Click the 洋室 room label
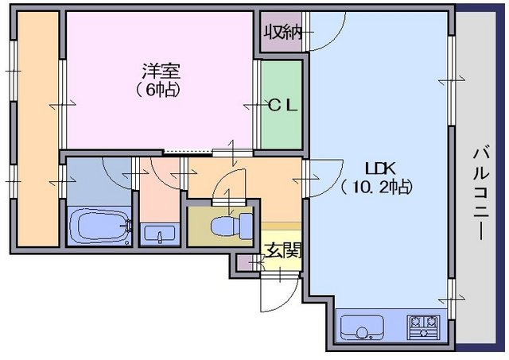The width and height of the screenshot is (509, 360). (x=161, y=72)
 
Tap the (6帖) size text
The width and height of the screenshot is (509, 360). (x=158, y=91)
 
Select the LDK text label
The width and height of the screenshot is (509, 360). (x=380, y=169)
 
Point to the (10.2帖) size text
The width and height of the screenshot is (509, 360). (x=376, y=187)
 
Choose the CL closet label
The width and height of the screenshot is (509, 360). (x=283, y=106)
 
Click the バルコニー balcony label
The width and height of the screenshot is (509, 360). (x=481, y=194)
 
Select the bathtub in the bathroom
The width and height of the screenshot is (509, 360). (x=99, y=226)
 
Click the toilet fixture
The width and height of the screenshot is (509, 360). (x=231, y=224)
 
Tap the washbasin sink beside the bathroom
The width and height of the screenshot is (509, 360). (x=160, y=234)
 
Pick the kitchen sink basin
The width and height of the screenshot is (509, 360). (x=362, y=327)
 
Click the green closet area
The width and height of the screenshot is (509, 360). (x=282, y=105)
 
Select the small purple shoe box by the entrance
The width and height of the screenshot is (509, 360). (x=243, y=263)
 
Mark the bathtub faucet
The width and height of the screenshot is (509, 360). (x=127, y=225)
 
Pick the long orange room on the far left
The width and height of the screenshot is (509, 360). (x=38, y=129)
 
